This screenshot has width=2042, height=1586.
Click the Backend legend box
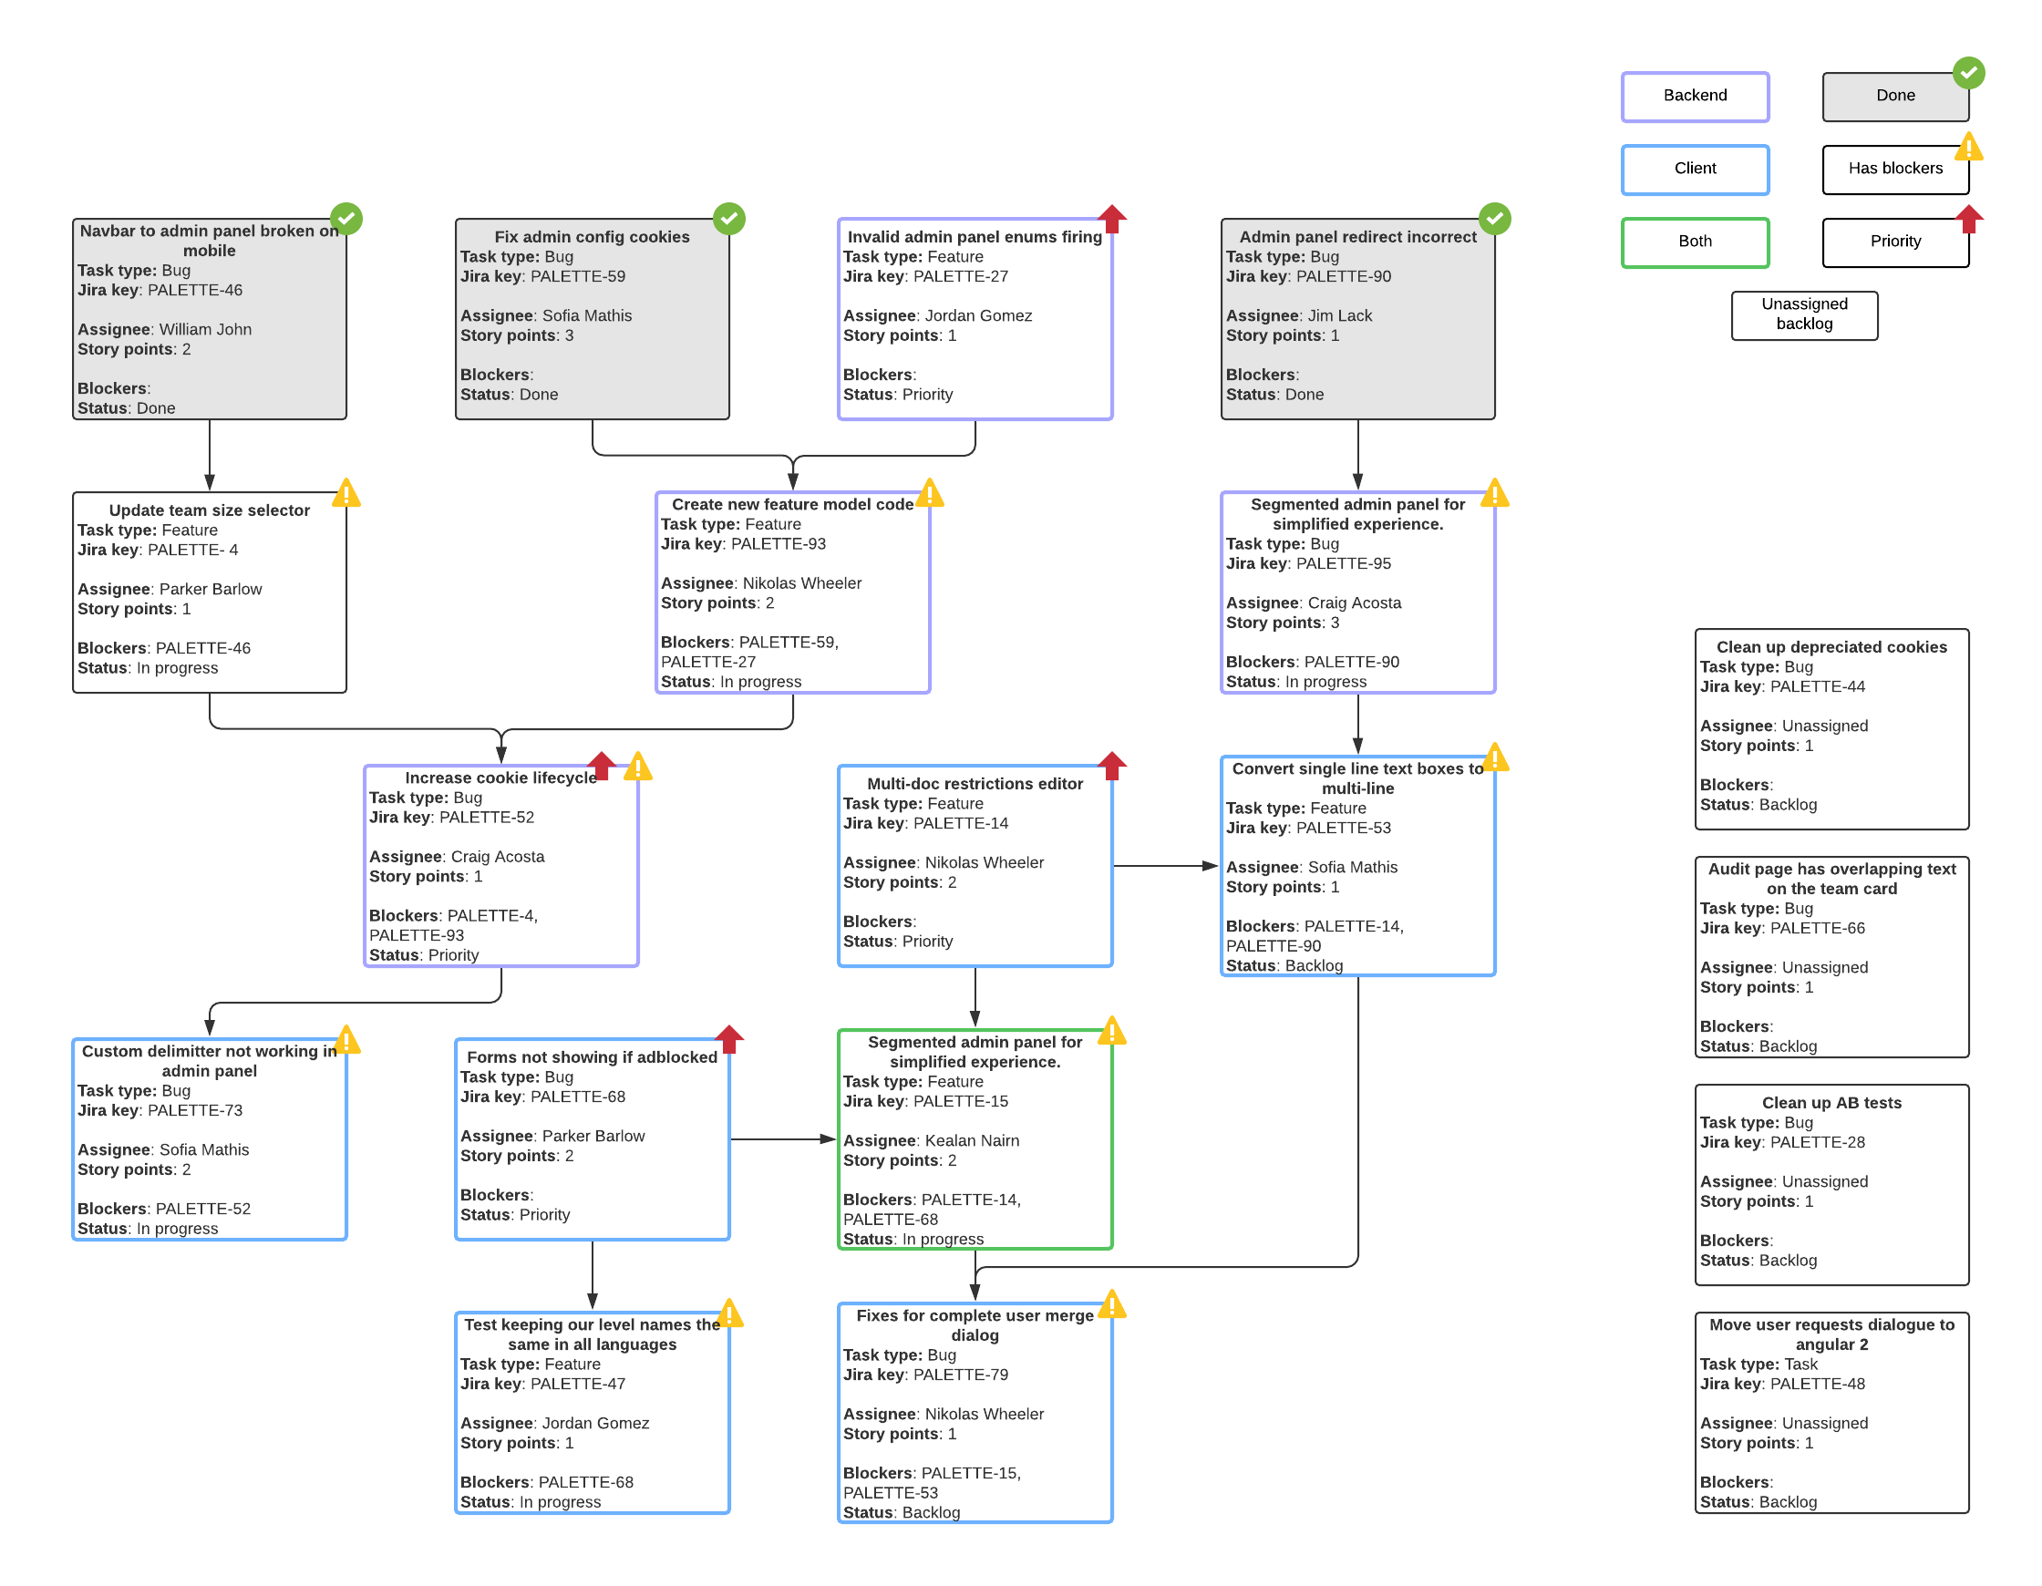click(x=1694, y=97)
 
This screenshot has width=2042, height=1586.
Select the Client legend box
click(x=1694, y=170)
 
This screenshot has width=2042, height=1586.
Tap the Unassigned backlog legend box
click(x=1803, y=315)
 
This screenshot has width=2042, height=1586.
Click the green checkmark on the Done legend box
click(x=1968, y=73)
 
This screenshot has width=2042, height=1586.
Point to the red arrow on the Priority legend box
click(x=1968, y=219)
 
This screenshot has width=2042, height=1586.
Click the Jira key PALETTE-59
click(x=577, y=277)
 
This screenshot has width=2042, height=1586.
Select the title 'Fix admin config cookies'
click(x=592, y=238)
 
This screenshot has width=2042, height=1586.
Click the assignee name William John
click(x=205, y=330)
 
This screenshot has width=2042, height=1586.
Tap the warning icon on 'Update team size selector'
click(x=345, y=493)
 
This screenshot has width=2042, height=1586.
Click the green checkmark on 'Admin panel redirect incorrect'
click(x=1494, y=219)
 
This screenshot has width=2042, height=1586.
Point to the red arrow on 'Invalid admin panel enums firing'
click(x=1111, y=219)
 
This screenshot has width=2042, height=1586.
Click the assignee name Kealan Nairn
click(x=972, y=1141)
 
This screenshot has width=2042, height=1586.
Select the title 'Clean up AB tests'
click(x=1831, y=1104)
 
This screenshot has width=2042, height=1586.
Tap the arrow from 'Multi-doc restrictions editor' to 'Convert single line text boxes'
click(x=1165, y=867)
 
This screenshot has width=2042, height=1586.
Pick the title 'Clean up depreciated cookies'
click(x=1831, y=647)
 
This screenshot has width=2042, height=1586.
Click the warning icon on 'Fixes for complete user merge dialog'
click(x=1111, y=1304)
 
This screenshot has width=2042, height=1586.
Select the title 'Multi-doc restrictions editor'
click(x=975, y=784)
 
